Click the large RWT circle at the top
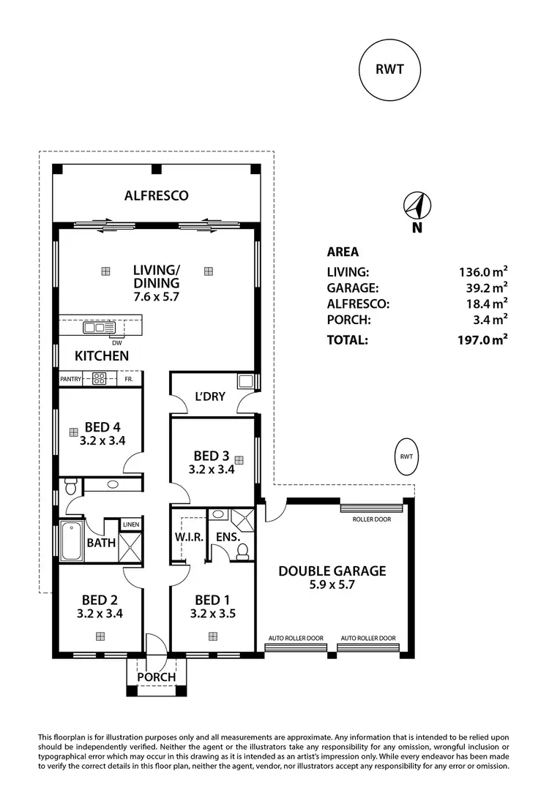[391, 70]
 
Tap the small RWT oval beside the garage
[406, 457]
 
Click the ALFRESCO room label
[156, 195]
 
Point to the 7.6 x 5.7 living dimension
[156, 297]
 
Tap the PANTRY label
[70, 379]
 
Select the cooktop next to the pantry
[100, 379]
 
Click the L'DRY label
[209, 396]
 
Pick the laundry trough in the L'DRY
[244, 380]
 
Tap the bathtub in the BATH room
[71, 542]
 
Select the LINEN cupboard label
[131, 524]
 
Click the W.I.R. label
[188, 538]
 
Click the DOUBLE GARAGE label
[332, 571]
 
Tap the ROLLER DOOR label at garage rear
[371, 519]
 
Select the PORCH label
[157, 677]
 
